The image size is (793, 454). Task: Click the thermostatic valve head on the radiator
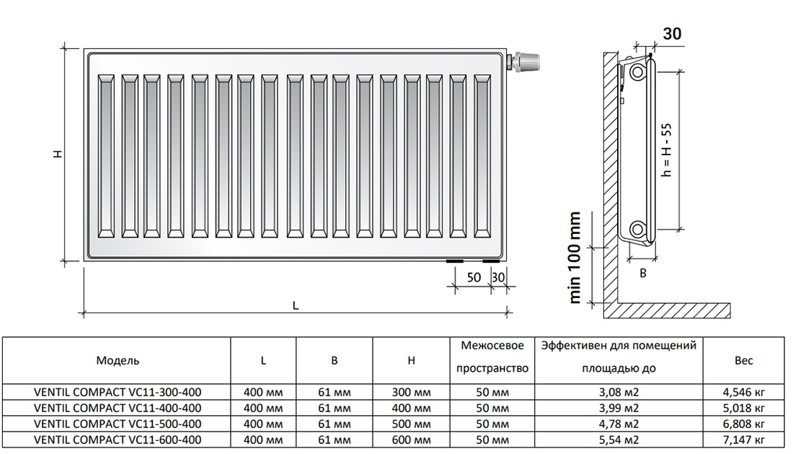[x=526, y=62]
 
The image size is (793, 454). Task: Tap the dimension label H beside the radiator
[x=58, y=153]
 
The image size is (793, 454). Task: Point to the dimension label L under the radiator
[x=296, y=305]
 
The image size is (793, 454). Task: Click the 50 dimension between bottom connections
[x=474, y=277]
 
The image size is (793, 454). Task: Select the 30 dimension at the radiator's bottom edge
[x=498, y=277]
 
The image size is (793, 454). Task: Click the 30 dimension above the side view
[x=672, y=33]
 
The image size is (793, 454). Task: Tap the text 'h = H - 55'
[x=667, y=150]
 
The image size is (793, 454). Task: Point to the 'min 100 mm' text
[x=575, y=258]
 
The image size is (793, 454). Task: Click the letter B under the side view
[x=643, y=274]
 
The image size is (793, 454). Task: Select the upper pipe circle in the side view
[x=638, y=72]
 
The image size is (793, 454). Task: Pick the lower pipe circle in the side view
[x=638, y=230]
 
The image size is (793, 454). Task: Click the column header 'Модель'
[x=118, y=360]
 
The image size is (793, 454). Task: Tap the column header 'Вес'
[x=743, y=360]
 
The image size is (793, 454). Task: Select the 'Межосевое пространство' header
[x=492, y=357]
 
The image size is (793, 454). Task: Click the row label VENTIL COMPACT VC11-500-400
[x=118, y=424]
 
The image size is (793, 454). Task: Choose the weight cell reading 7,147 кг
[x=743, y=440]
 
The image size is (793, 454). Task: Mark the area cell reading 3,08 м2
[x=619, y=392]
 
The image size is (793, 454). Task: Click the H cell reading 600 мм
[x=411, y=440]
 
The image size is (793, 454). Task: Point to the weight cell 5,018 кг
[x=743, y=408]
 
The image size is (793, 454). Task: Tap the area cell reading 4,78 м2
[x=619, y=424]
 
